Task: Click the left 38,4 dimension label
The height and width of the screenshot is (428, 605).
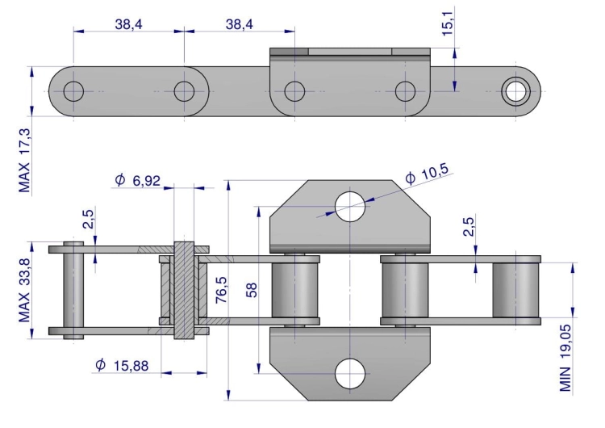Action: click(x=127, y=25)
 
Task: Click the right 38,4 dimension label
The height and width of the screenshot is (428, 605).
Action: click(x=239, y=25)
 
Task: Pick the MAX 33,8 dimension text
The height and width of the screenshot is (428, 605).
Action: click(x=24, y=288)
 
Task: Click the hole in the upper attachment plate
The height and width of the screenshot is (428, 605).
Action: click(x=349, y=207)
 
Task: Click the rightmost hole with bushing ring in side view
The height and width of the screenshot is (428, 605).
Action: click(x=515, y=90)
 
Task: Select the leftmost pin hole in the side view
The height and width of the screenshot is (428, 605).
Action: click(x=73, y=90)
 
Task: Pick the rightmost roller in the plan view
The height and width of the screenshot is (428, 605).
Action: click(x=515, y=290)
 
